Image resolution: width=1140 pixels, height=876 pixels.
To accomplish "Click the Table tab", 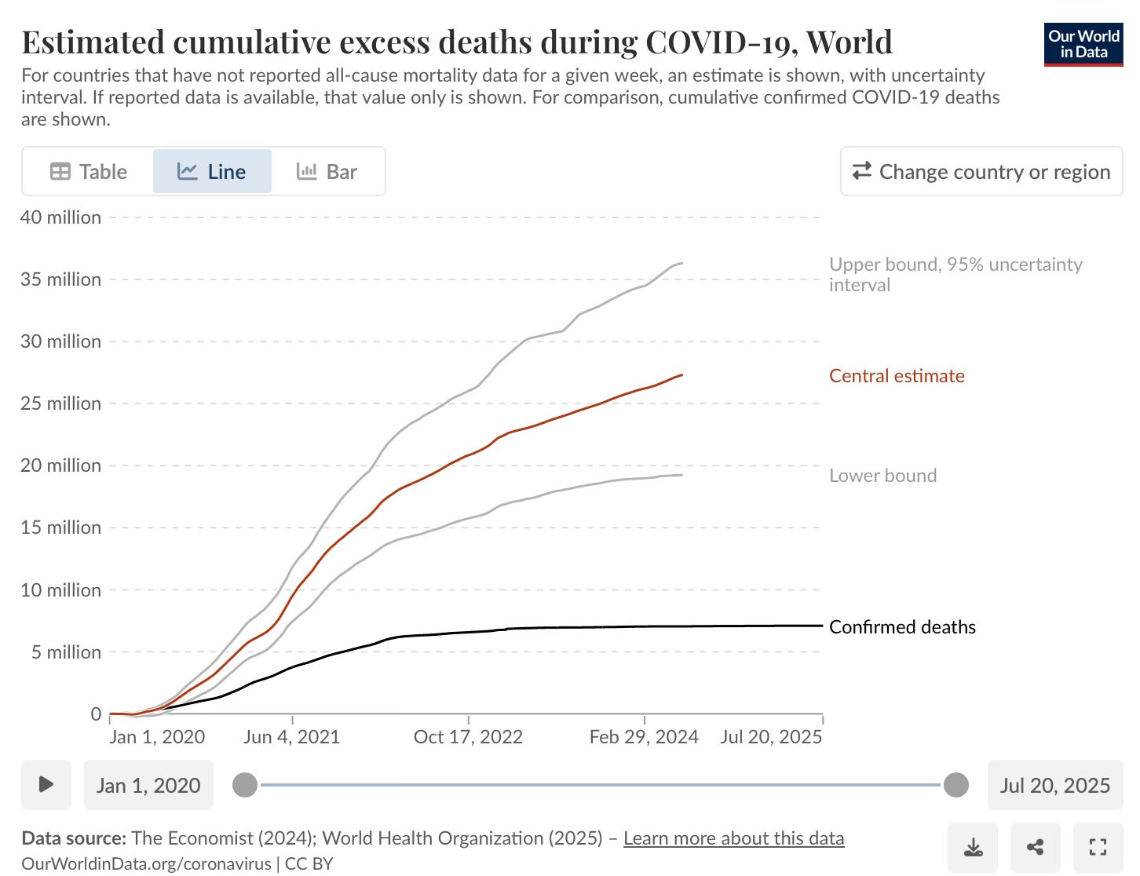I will (x=89, y=171).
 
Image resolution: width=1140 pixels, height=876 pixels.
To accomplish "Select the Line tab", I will (x=212, y=171).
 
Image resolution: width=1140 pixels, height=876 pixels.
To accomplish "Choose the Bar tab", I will (x=327, y=171).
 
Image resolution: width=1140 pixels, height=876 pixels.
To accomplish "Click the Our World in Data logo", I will (x=1083, y=45).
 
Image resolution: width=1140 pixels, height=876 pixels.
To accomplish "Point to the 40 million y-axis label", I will (x=60, y=217).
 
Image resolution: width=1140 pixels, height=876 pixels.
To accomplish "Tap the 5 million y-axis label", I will (x=66, y=652).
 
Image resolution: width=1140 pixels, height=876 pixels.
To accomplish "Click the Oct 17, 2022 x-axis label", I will (x=468, y=737).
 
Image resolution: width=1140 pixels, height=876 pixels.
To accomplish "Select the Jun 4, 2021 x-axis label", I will (x=291, y=737).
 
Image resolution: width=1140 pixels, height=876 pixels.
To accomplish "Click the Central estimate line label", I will (x=897, y=376).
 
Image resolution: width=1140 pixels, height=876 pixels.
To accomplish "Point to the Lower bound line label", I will (x=882, y=476).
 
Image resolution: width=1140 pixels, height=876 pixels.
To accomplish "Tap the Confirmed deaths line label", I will (x=902, y=627).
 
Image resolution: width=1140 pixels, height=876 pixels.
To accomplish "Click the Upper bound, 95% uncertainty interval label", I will (x=955, y=275).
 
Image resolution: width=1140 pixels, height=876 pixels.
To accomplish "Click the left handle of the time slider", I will (x=245, y=785).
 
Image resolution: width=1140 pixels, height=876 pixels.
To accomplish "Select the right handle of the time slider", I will (x=955, y=785).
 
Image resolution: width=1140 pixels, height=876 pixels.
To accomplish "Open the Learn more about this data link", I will (x=733, y=838).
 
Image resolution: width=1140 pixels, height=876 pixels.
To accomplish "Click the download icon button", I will (x=973, y=848).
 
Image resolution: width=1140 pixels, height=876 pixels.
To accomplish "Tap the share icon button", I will (x=1036, y=848).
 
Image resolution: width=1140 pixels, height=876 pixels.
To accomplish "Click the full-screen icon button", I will (x=1098, y=848).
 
